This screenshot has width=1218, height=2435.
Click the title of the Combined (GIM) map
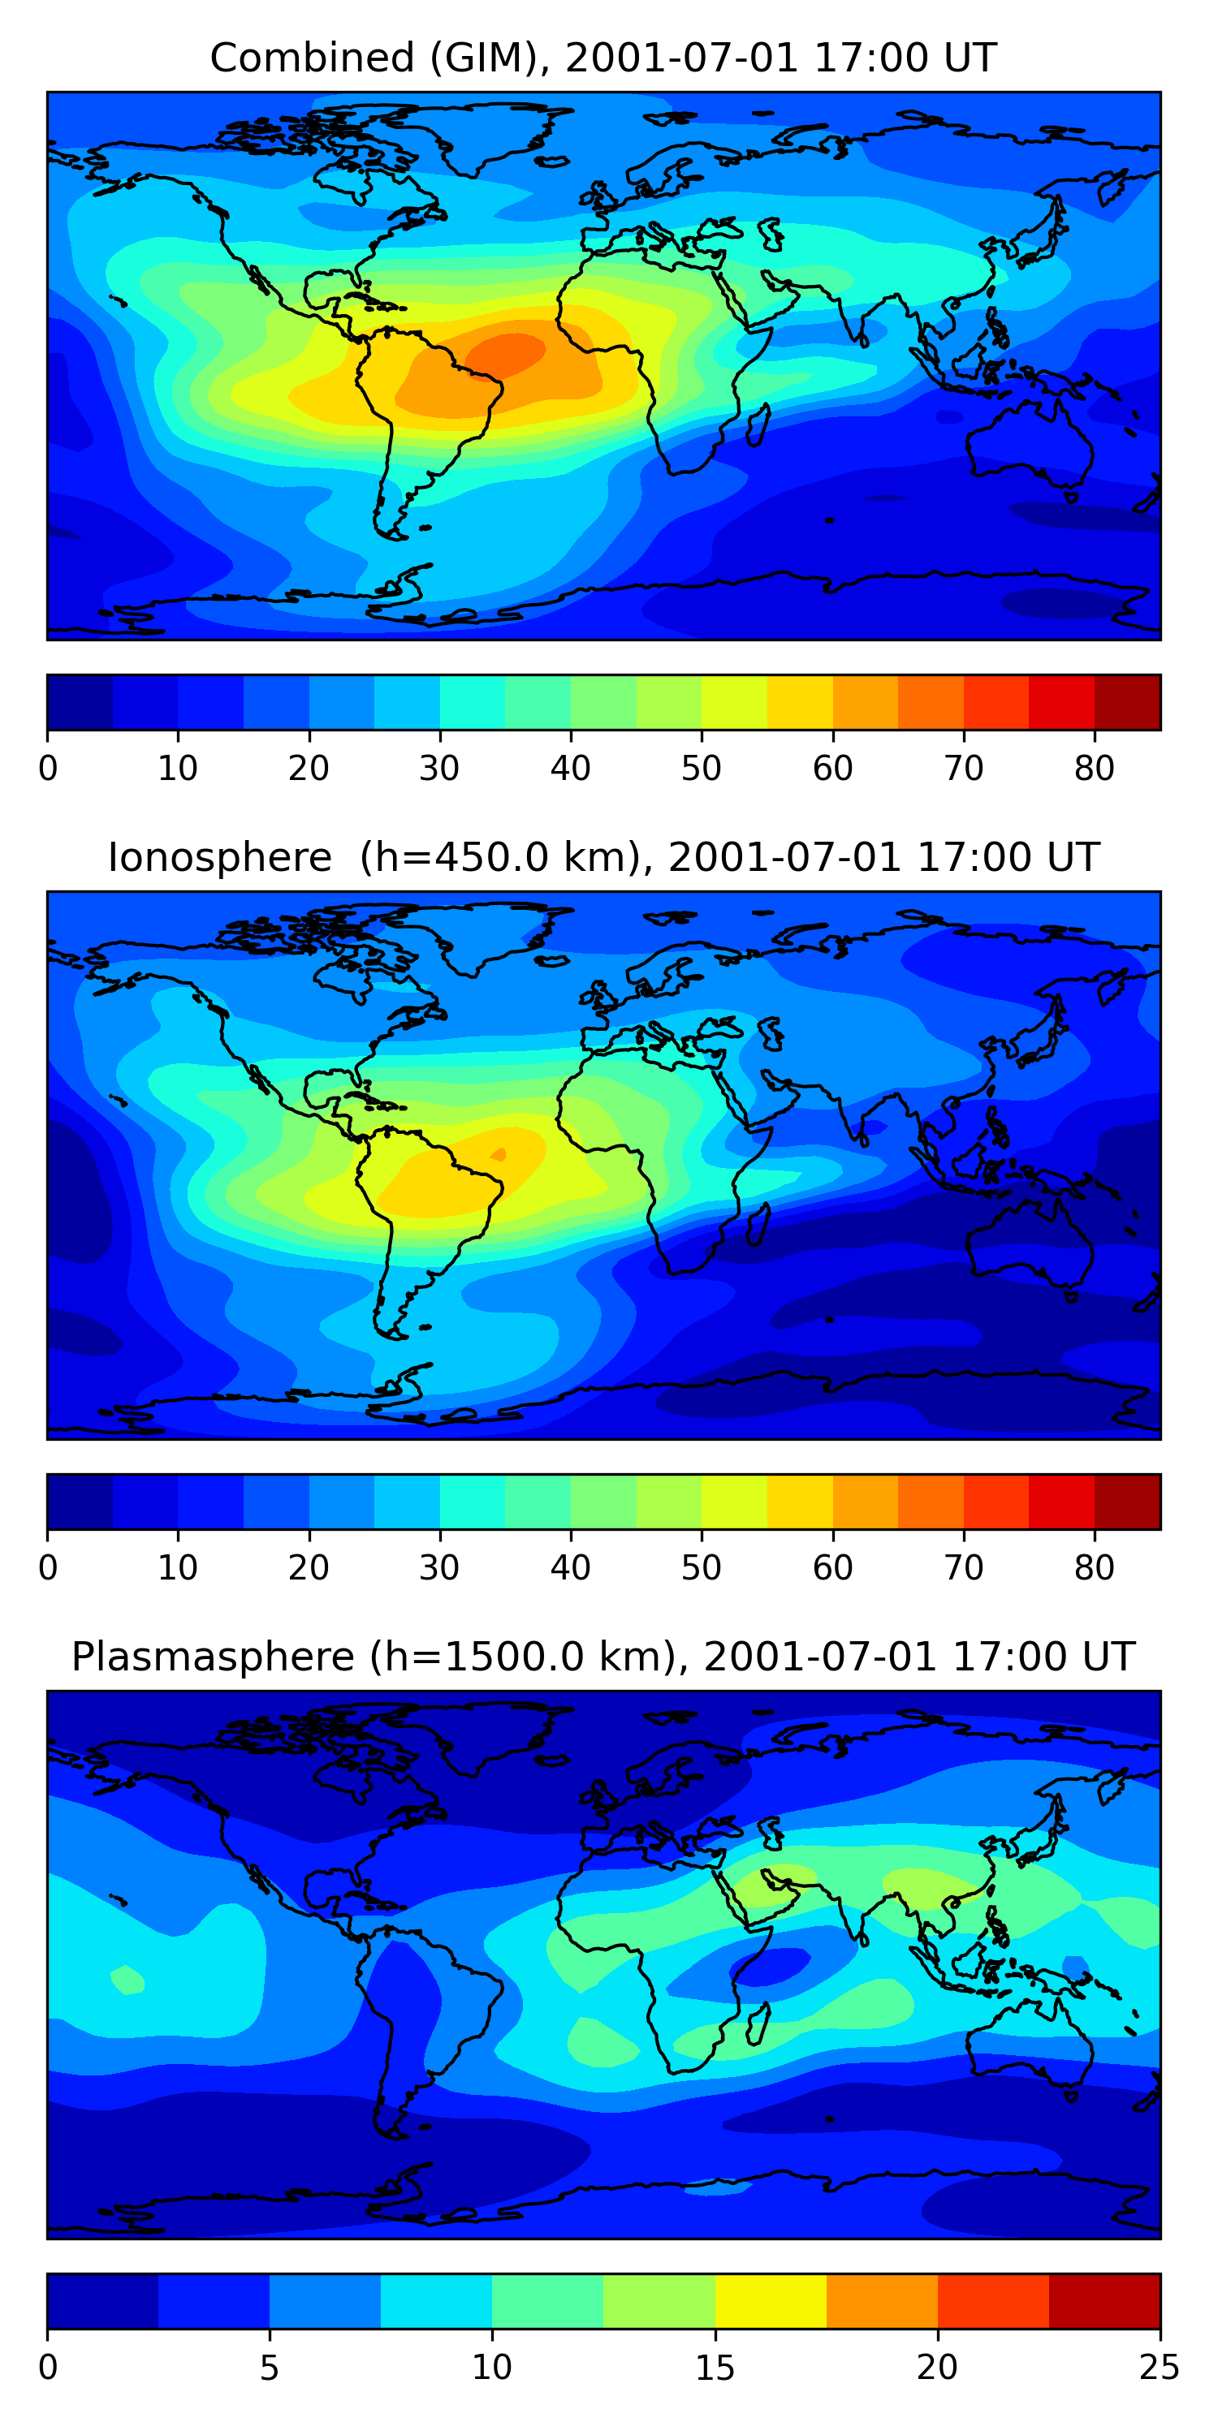tap(603, 58)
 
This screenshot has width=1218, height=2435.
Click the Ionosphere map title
tap(603, 857)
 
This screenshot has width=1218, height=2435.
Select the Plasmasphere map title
tap(603, 1657)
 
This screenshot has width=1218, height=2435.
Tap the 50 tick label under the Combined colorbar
tap(701, 769)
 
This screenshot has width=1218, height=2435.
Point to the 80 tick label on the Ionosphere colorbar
tap(1094, 1568)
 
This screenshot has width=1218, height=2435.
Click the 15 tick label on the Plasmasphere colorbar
tap(715, 2368)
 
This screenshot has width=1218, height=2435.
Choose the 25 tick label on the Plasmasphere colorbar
tap(1160, 2368)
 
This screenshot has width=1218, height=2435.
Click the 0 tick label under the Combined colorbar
tap(48, 769)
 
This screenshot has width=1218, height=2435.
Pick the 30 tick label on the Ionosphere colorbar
tap(440, 1568)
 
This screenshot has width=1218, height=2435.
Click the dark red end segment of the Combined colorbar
tap(1127, 702)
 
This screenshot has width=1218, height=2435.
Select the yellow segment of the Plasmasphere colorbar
tap(771, 2302)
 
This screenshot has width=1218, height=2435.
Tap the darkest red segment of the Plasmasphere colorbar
tap(1104, 2302)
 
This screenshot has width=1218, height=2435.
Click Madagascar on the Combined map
tap(758, 426)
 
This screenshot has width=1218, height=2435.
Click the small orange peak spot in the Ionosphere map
tap(499, 1153)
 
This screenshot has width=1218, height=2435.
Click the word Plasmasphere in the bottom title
tap(213, 1657)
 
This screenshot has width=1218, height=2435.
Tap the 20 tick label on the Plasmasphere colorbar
tap(937, 2368)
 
